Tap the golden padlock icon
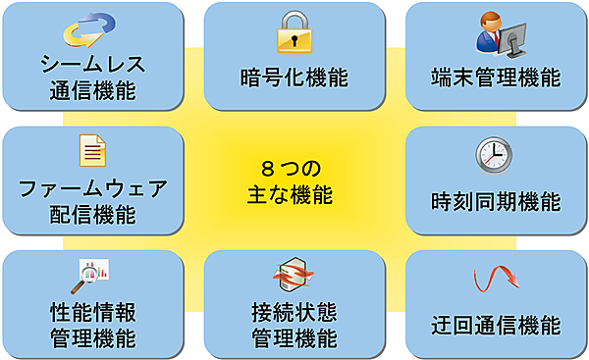tap(294, 31)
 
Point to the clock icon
tap(494, 156)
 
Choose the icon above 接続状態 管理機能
tap(294, 276)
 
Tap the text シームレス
tap(92, 66)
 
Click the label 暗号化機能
tap(294, 77)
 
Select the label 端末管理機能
tap(496, 77)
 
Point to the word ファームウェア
tap(92, 188)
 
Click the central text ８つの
tap(293, 167)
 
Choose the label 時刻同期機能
tap(496, 203)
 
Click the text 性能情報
tap(92, 313)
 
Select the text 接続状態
tap(294, 313)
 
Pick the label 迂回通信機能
tap(496, 325)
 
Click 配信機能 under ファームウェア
tap(92, 215)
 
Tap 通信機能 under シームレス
tap(92, 92)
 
